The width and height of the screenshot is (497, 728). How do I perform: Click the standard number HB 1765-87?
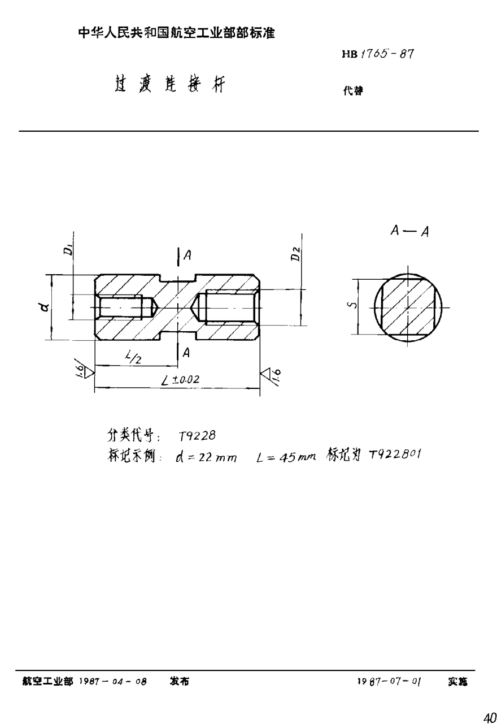point(378,55)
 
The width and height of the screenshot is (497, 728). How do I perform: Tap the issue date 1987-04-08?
point(114,682)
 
